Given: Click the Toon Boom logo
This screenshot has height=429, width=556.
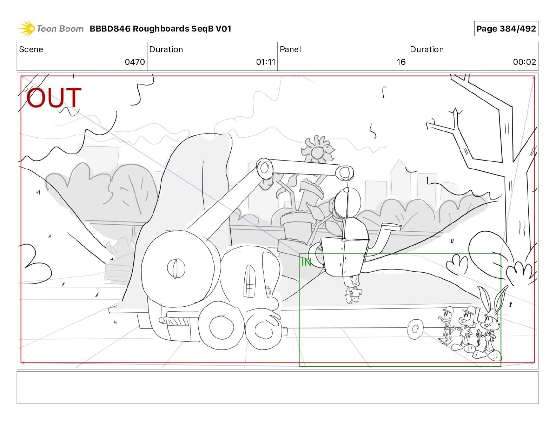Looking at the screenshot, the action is (x=51, y=29).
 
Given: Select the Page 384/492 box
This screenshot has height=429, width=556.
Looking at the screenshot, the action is (x=506, y=29).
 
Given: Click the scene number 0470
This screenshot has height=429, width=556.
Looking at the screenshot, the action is (x=134, y=62).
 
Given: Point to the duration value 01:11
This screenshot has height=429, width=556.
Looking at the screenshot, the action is (x=266, y=62).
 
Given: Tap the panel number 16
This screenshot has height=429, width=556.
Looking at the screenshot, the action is (x=401, y=62).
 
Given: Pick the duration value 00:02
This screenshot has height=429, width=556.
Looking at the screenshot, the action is (x=524, y=62).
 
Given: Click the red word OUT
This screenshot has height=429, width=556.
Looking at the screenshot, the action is (x=54, y=97).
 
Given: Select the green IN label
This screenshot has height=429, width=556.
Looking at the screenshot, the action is (x=306, y=262).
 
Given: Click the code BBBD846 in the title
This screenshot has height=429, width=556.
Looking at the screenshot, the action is (x=110, y=29).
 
